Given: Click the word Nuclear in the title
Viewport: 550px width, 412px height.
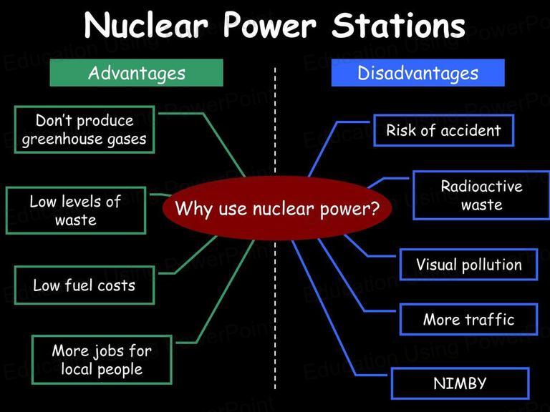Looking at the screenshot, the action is click(x=146, y=25).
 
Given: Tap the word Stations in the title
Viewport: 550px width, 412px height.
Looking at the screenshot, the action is click(x=398, y=25).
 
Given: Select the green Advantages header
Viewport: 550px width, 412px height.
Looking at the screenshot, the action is click(x=137, y=72).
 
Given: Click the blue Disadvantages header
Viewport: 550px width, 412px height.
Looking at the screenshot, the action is click(x=418, y=72).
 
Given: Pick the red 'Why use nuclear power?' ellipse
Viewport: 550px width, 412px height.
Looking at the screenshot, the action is click(x=277, y=208).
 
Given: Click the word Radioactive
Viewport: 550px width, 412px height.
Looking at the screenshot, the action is click(x=481, y=186).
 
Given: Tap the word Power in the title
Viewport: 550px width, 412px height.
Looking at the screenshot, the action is click(x=270, y=25).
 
